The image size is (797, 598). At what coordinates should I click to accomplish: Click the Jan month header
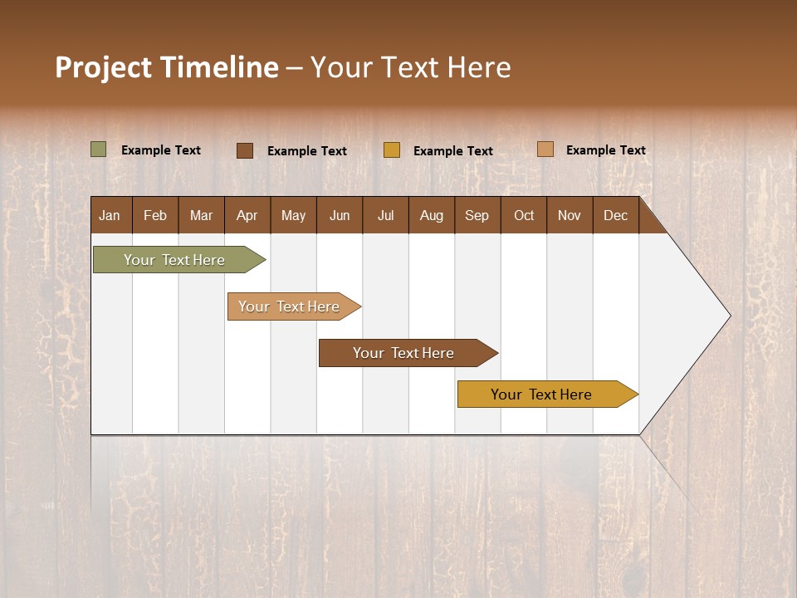(x=110, y=215)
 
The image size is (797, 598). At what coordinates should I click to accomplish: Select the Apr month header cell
(x=247, y=215)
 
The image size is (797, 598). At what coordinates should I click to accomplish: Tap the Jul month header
(x=385, y=215)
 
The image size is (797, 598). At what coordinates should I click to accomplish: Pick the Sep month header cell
(x=477, y=215)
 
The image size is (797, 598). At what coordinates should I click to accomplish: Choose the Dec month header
(x=615, y=215)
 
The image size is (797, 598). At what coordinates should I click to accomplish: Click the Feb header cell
(x=155, y=215)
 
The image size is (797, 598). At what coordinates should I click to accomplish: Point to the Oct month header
(x=524, y=215)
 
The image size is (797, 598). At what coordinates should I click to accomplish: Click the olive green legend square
(x=99, y=149)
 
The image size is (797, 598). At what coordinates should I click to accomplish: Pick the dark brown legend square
(x=245, y=150)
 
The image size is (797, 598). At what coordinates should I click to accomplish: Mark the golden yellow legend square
(x=392, y=150)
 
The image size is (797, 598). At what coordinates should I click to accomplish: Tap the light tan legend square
(x=545, y=149)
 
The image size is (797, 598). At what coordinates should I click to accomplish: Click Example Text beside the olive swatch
(x=161, y=150)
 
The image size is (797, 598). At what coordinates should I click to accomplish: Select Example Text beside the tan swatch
(x=606, y=150)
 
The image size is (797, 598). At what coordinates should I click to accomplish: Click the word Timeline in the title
(x=219, y=67)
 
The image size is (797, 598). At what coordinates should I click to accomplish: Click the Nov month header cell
(x=570, y=215)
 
